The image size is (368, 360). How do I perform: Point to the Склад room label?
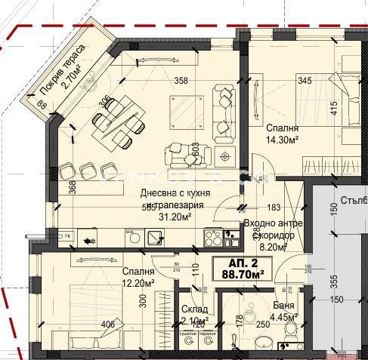[195, 309]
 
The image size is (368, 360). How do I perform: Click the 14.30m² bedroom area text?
[281, 140]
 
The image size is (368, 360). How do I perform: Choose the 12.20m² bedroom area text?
[138, 283]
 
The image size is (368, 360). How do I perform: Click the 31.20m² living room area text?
[174, 217]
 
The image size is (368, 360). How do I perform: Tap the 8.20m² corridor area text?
[272, 246]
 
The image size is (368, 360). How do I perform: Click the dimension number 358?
[181, 80]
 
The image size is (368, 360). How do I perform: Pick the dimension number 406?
[108, 325]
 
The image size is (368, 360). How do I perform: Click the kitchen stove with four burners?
[212, 238]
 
